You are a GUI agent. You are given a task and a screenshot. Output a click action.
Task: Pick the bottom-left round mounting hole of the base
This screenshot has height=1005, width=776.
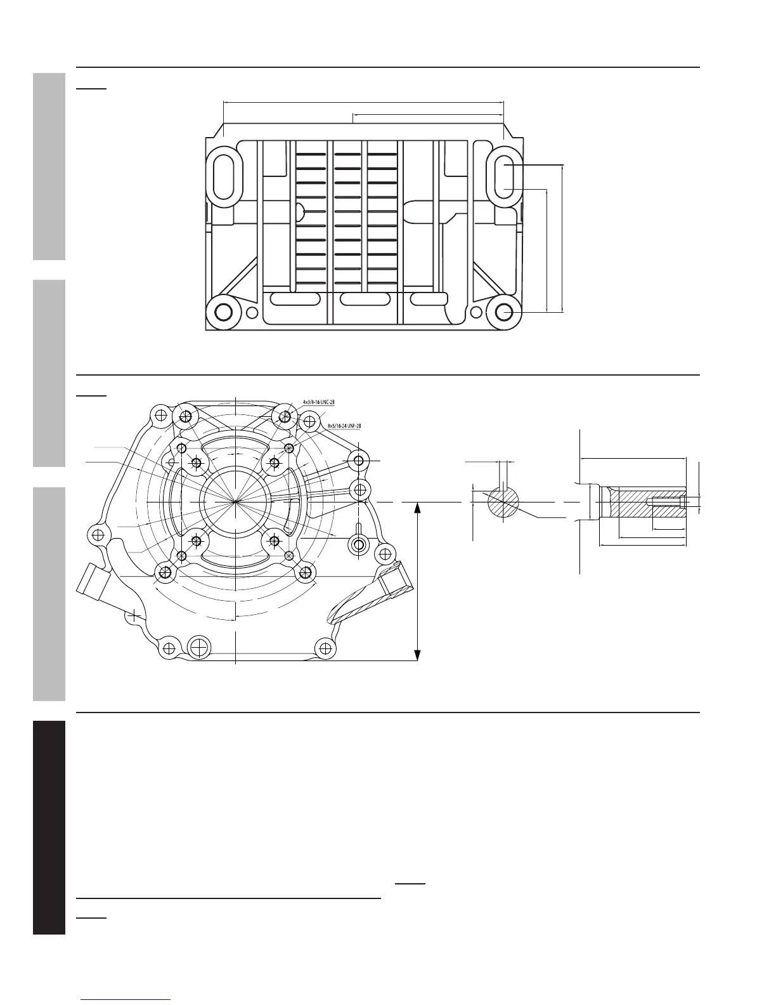[x=224, y=312]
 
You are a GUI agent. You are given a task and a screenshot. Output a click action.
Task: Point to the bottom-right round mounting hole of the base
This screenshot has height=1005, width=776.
[x=505, y=312]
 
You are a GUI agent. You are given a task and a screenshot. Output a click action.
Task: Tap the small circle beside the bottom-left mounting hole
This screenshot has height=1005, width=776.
[x=252, y=312]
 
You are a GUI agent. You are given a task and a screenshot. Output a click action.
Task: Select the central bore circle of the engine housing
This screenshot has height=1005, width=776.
[x=235, y=502]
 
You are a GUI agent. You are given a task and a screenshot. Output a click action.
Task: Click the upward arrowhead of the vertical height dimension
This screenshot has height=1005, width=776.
[x=417, y=508]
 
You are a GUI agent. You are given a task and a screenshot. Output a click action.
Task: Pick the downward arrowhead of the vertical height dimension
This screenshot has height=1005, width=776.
[x=417, y=654]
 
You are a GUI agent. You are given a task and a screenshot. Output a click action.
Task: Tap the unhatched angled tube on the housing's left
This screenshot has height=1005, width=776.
[x=96, y=582]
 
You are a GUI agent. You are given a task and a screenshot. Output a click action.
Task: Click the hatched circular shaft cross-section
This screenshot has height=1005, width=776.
[x=503, y=503]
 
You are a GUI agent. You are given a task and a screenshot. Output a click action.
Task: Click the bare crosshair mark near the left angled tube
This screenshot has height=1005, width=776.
[x=134, y=614]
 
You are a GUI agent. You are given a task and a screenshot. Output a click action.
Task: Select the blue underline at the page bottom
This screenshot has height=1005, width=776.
[x=126, y=1001]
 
